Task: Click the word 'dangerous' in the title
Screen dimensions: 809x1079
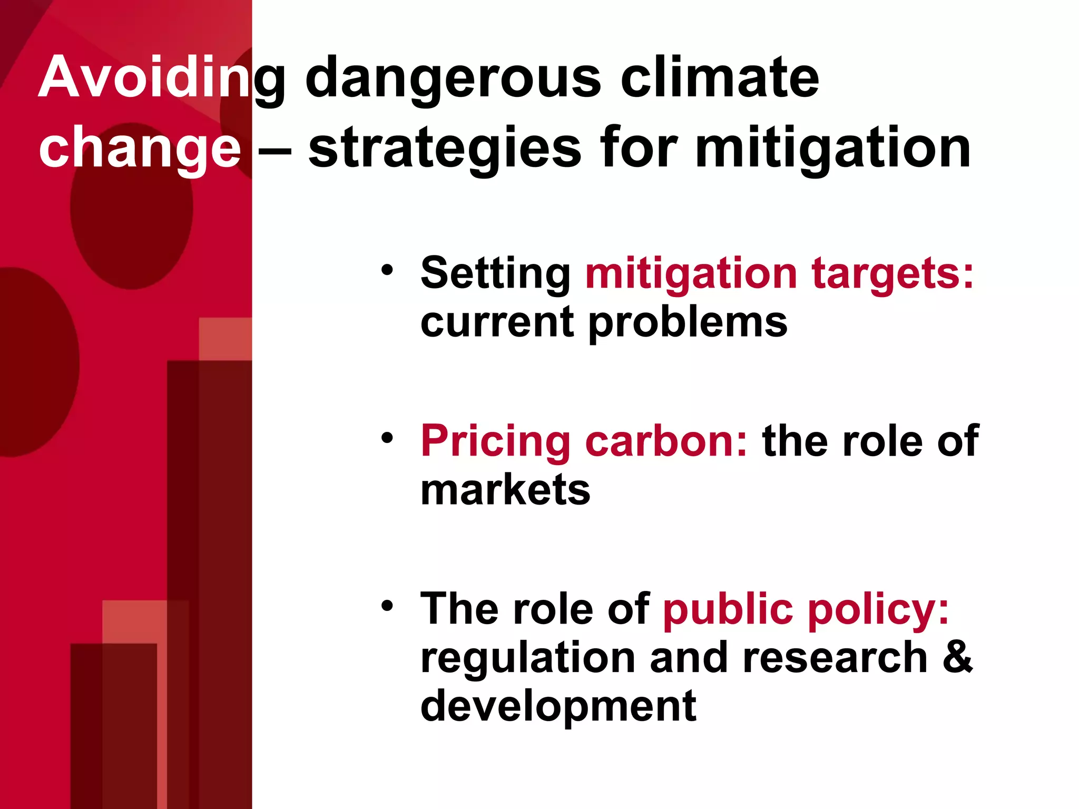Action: pyautogui.click(x=453, y=79)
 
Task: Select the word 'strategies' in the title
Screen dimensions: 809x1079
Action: pyautogui.click(x=445, y=150)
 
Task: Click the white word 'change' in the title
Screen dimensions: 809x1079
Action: pyautogui.click(x=140, y=150)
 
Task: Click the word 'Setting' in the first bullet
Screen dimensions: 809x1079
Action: pyautogui.click(x=495, y=274)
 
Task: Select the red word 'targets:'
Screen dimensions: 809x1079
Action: pyautogui.click(x=892, y=274)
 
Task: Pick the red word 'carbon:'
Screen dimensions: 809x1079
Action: pyautogui.click(x=666, y=441)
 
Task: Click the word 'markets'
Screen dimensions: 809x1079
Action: pyautogui.click(x=505, y=490)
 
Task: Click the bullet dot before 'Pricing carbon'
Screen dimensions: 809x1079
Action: pyautogui.click(x=387, y=438)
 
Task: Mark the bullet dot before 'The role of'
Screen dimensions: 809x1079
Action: pyautogui.click(x=387, y=606)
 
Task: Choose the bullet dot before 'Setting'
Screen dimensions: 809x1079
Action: pyautogui.click(x=387, y=270)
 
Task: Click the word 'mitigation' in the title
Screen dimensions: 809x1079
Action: pyautogui.click(x=832, y=150)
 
